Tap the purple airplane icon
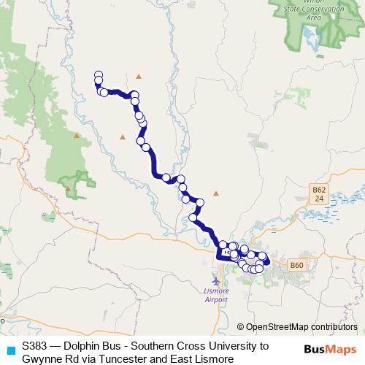(x=215, y=280)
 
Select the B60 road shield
(x=296, y=265)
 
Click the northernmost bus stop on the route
(x=98, y=74)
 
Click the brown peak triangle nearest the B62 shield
(x=215, y=193)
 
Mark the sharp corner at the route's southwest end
(x=218, y=257)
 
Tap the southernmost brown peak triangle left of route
(x=69, y=189)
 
